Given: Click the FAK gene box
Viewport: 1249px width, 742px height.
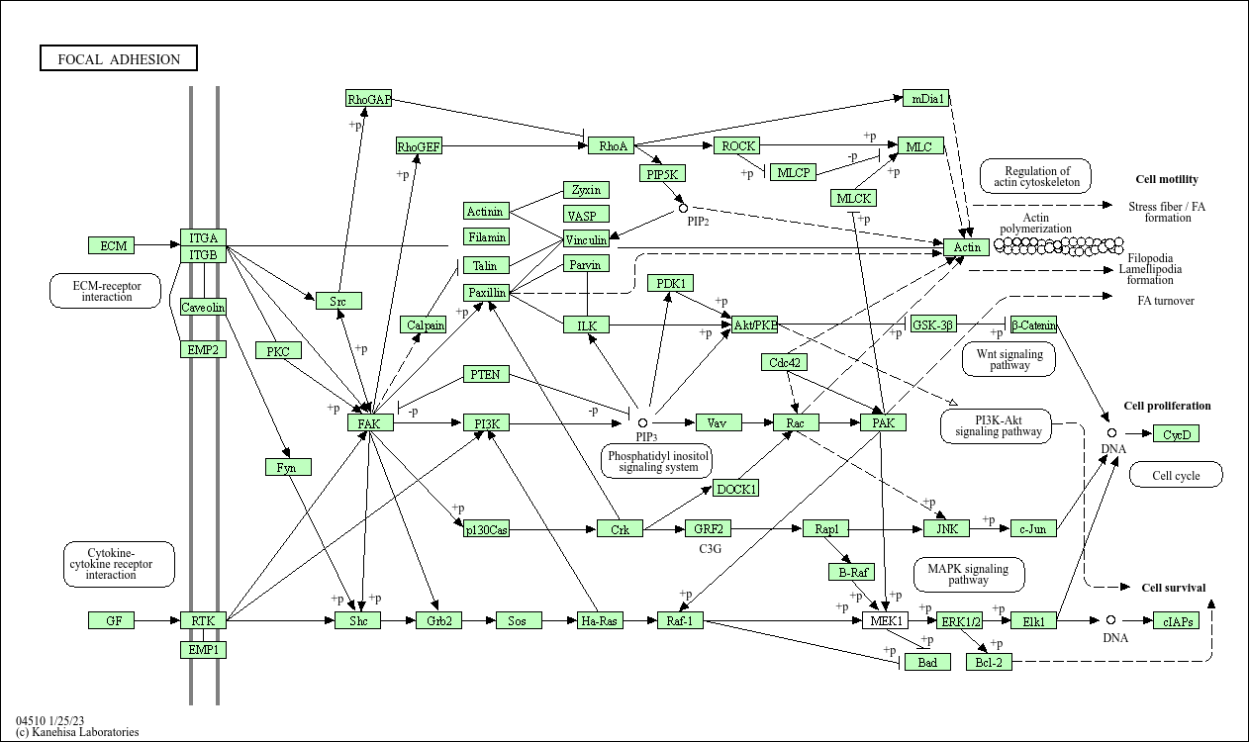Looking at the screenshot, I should (x=370, y=423).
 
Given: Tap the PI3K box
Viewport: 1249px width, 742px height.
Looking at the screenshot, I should (x=486, y=423).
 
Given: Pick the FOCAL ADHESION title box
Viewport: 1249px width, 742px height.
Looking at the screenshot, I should (x=119, y=59).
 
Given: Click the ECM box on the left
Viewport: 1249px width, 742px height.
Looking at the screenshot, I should (x=111, y=245).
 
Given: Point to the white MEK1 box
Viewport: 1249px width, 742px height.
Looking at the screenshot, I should (x=884, y=621).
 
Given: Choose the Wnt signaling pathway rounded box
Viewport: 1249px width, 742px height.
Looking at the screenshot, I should (x=1009, y=358).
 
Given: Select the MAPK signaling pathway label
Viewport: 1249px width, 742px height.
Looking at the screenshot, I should (x=968, y=575).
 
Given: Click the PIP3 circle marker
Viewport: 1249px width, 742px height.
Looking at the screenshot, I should (x=642, y=422).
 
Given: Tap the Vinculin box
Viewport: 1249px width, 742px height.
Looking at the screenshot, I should (x=586, y=239).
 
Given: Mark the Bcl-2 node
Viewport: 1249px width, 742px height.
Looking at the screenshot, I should (x=989, y=662).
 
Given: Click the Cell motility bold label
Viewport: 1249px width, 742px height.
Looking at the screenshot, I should (x=1167, y=179).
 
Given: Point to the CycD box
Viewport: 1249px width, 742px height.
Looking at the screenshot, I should (x=1176, y=434).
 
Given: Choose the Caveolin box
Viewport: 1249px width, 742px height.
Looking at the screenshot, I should (x=203, y=308).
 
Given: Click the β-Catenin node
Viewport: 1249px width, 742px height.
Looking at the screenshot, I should (x=1033, y=325).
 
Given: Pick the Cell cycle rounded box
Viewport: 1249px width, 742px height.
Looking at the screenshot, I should (x=1176, y=476).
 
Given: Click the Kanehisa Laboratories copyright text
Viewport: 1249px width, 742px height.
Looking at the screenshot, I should (x=77, y=732).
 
